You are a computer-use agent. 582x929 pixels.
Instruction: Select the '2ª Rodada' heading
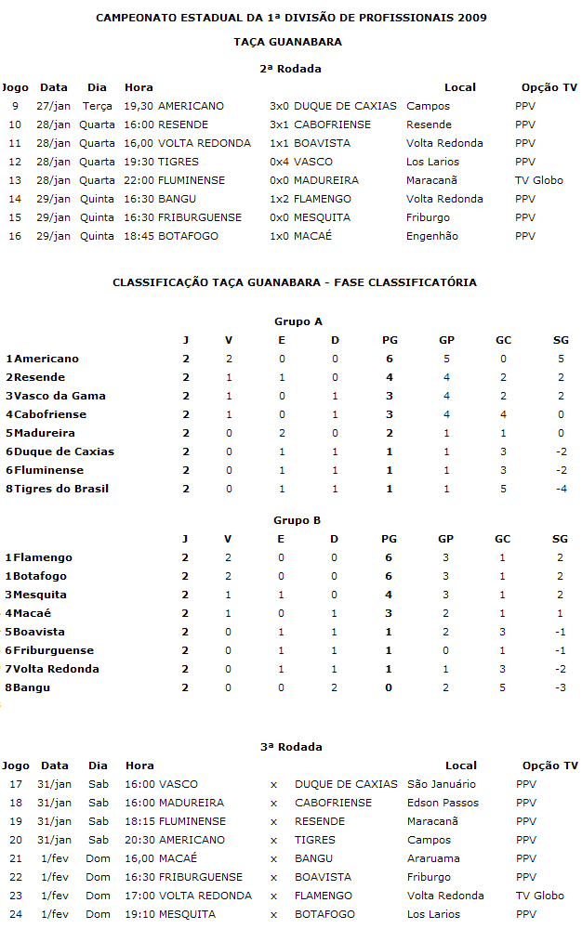click(291, 68)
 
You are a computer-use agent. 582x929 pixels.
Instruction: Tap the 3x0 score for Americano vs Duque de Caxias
click(279, 106)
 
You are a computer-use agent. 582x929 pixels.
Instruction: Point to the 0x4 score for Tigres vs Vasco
click(279, 162)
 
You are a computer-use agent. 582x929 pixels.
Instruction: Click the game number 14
click(15, 199)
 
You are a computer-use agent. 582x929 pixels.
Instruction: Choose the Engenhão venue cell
click(432, 236)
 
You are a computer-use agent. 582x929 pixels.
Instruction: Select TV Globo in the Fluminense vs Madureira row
click(539, 180)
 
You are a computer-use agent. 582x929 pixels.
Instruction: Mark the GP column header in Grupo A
click(446, 340)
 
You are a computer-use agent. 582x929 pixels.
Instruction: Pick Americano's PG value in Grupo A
click(389, 359)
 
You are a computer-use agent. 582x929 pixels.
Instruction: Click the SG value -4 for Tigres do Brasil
click(561, 489)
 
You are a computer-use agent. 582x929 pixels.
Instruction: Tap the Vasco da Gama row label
click(56, 396)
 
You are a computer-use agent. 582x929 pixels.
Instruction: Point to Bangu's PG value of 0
click(389, 687)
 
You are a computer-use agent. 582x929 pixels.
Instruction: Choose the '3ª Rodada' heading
click(291, 747)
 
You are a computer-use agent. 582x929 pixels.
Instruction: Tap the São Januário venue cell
click(442, 784)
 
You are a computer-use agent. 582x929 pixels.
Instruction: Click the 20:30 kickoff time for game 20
click(139, 840)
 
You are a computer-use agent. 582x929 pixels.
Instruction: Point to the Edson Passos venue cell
click(443, 803)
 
